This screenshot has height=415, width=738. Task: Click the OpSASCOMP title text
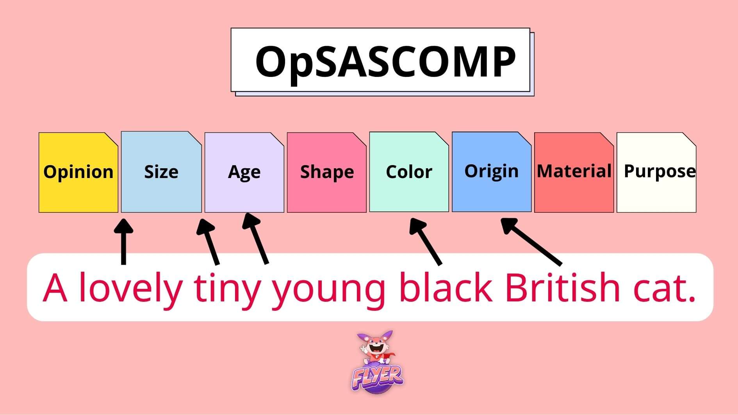385,61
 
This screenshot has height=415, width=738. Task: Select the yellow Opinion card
78,173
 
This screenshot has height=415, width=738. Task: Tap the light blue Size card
161,172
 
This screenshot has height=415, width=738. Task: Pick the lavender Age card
244,173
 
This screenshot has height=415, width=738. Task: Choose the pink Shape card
327,173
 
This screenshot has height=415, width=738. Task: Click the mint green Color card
409,172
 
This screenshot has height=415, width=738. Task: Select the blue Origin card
492,172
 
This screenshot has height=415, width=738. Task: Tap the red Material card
574,173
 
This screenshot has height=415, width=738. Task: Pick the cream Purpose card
656,173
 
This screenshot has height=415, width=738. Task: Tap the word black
446,287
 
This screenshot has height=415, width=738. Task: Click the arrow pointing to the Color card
425,241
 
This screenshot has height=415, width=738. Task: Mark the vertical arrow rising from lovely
123,242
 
